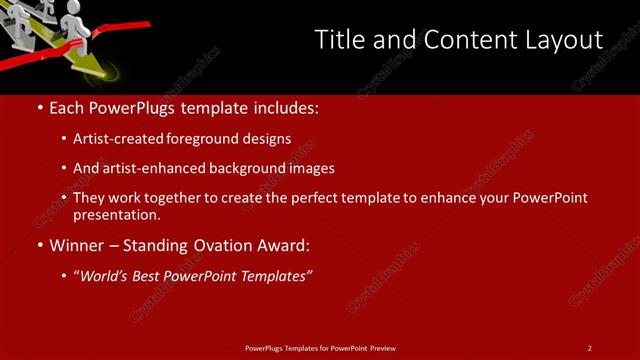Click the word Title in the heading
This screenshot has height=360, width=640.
pos(338,40)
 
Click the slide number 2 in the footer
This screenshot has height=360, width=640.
pos(589,348)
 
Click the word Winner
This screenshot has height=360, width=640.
pos(78,244)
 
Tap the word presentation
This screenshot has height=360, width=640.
pos(116,214)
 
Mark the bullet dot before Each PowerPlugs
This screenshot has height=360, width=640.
pos(39,106)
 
